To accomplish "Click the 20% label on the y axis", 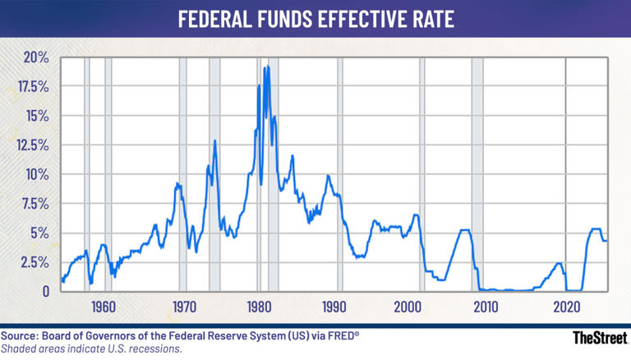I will pyautogui.click(x=36, y=58).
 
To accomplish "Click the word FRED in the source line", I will pyautogui.click(x=339, y=336).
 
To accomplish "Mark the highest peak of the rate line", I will pyautogui.click(x=265, y=67).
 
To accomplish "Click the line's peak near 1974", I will pyautogui.click(x=215, y=141).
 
